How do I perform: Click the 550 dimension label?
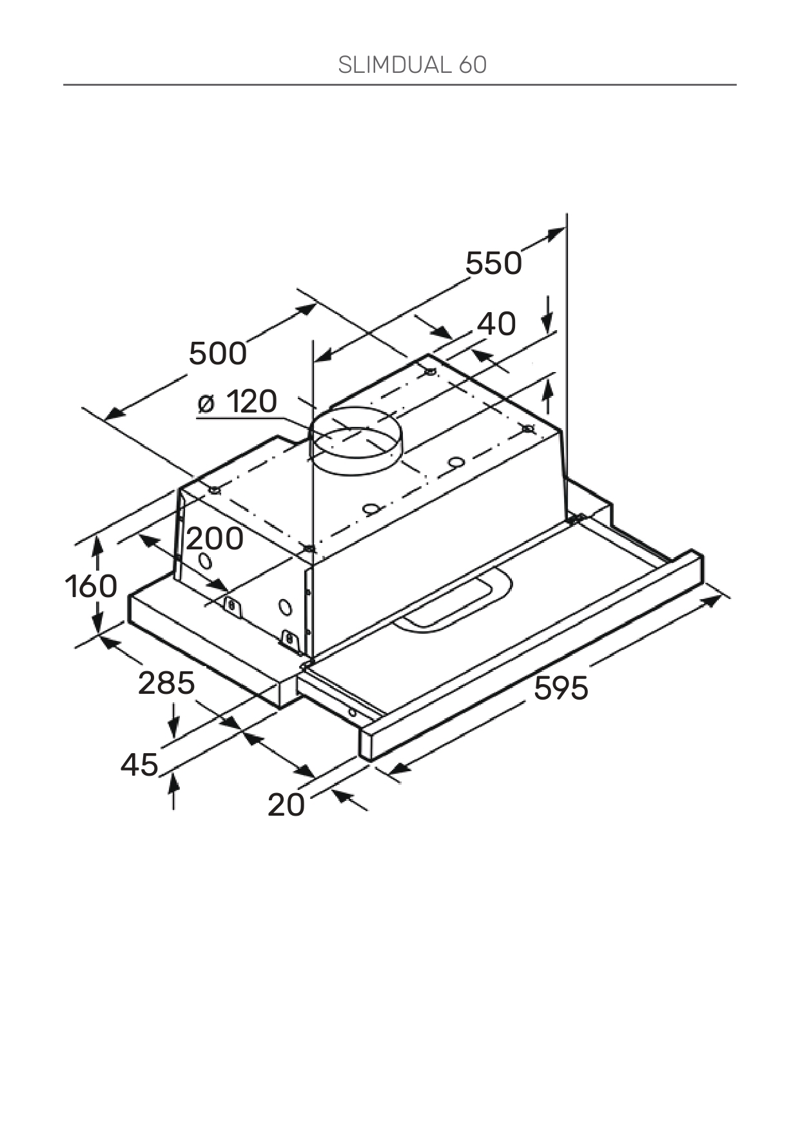click(494, 264)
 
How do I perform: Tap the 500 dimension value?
click(218, 354)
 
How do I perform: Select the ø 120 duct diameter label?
click(238, 402)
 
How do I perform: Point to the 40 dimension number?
click(496, 324)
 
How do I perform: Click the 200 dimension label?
click(215, 539)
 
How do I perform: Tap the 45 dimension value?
click(140, 765)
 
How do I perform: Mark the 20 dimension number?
click(286, 805)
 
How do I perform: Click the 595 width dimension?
click(561, 689)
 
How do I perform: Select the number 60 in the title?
click(473, 65)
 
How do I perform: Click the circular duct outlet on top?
click(354, 440)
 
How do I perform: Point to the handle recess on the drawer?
click(451, 602)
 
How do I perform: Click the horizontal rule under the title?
click(400, 84)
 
